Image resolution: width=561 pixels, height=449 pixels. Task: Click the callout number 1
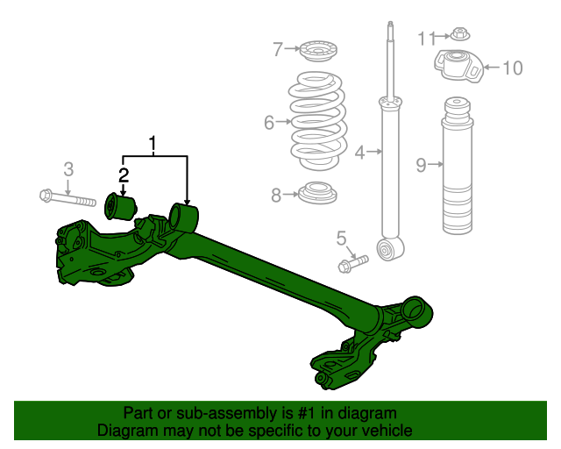pyautogui.click(x=154, y=143)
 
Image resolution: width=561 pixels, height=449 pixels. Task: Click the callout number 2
pyautogui.click(x=124, y=174)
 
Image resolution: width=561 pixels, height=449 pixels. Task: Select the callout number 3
pyautogui.click(x=68, y=168)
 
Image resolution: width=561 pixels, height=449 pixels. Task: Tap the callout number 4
pyautogui.click(x=359, y=153)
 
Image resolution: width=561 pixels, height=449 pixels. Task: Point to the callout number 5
pyautogui.click(x=342, y=237)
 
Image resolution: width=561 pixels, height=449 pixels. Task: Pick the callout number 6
pyautogui.click(x=269, y=123)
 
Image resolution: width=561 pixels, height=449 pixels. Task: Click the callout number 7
pyautogui.click(x=278, y=48)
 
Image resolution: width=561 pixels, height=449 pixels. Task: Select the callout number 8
pyautogui.click(x=276, y=195)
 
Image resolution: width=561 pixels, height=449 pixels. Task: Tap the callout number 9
pyautogui.click(x=422, y=164)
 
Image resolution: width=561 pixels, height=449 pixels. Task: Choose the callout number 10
pyautogui.click(x=513, y=67)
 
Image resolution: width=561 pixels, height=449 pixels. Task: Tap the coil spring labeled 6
pyautogui.click(x=317, y=123)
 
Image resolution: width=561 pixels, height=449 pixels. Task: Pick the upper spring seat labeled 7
pyautogui.click(x=318, y=51)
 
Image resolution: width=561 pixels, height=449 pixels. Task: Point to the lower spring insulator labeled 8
pyautogui.click(x=317, y=193)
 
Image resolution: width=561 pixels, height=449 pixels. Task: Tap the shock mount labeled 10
pyautogui.click(x=458, y=67)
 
